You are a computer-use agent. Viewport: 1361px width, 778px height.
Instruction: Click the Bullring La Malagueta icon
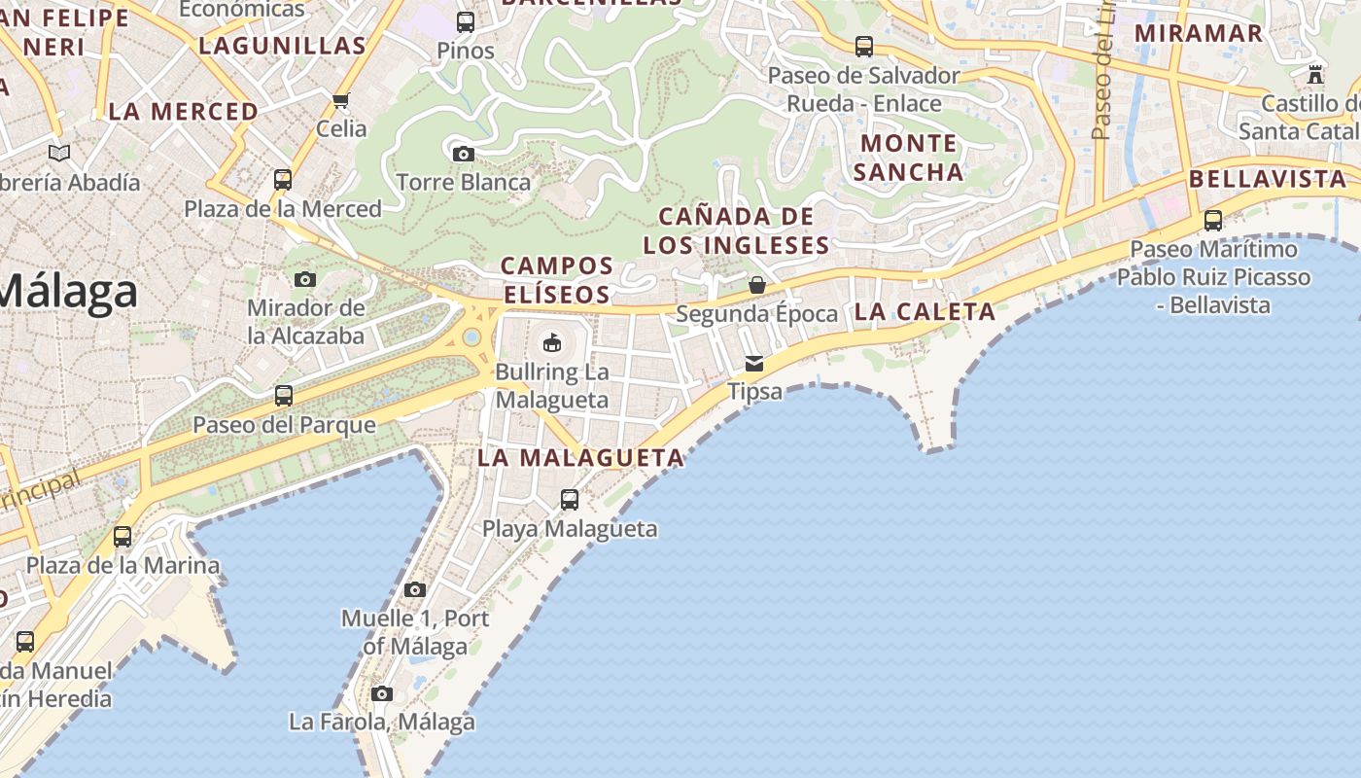[551, 342]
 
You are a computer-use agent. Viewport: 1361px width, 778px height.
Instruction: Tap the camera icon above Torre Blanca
[464, 154]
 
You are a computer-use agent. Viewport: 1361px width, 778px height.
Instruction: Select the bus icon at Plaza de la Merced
[283, 180]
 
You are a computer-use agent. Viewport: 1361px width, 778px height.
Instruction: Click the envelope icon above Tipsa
[754, 364]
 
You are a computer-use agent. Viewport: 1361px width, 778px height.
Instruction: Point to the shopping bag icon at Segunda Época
[756, 285]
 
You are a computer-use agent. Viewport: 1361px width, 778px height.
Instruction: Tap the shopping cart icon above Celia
[341, 100]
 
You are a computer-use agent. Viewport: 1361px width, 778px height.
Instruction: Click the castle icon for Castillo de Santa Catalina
[1315, 74]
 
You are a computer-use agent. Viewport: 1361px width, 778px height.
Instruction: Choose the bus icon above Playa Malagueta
[570, 500]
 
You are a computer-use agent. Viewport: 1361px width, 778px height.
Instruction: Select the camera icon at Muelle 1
[415, 589]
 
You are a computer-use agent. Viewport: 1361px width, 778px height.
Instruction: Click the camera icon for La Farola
[382, 693]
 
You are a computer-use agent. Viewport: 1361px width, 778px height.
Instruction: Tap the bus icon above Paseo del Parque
[284, 396]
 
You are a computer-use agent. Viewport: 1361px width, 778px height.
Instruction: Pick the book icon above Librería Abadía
[59, 153]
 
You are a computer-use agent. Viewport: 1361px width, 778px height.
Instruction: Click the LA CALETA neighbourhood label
[925, 312]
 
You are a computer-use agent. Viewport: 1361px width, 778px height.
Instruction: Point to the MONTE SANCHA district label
[911, 158]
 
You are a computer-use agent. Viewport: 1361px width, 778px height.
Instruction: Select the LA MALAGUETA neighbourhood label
[580, 457]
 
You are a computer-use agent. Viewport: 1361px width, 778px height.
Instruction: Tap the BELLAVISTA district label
[1268, 179]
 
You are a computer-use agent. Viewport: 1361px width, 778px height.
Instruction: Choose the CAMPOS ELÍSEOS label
[557, 279]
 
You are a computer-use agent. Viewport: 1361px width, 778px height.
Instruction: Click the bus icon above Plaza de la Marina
[122, 537]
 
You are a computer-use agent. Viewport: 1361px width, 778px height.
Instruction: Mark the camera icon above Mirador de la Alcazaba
[305, 280]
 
